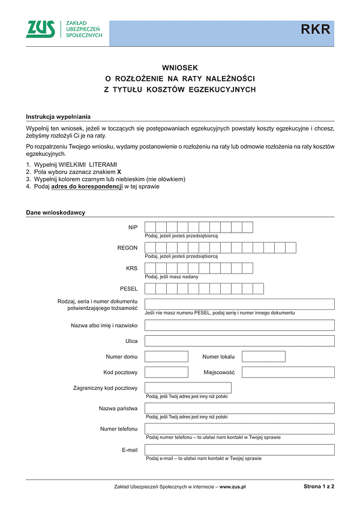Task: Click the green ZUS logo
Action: [41, 29]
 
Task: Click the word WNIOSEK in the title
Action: [179, 68]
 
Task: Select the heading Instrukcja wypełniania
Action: [58, 116]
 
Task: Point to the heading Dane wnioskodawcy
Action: [55, 212]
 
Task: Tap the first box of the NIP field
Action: [151, 227]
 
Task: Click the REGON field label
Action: [127, 248]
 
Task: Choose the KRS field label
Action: [131, 268]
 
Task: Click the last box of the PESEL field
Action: [258, 289]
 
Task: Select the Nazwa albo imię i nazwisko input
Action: [239, 325]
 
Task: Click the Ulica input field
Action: [239, 341]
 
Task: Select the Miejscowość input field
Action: [288, 372]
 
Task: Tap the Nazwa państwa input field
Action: [239, 408]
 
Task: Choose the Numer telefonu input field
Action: [239, 429]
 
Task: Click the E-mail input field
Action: [239, 450]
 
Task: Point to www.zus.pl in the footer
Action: [233, 487]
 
